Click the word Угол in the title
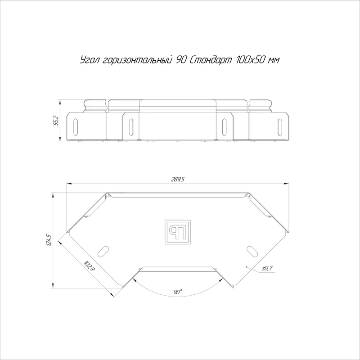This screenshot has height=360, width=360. [90, 60]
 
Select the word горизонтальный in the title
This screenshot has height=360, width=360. [137, 60]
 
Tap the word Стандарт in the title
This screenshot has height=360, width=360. [211, 60]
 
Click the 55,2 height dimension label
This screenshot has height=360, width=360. [56, 121]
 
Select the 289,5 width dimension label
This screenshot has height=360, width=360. [177, 179]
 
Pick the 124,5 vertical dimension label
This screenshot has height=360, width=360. [49, 240]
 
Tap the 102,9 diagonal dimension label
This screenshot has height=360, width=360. [89, 266]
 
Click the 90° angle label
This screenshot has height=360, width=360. [178, 292]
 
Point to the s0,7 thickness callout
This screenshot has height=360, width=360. [267, 268]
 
